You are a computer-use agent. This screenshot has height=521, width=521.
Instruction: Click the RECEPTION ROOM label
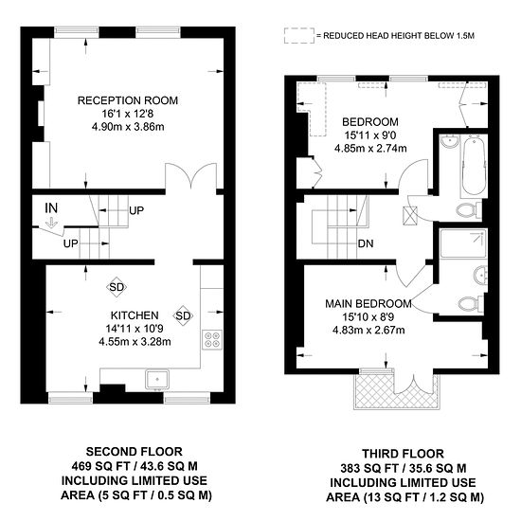click(x=128, y=100)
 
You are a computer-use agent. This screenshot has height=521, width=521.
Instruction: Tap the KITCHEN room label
click(x=135, y=315)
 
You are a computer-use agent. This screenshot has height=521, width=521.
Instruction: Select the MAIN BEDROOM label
click(x=368, y=304)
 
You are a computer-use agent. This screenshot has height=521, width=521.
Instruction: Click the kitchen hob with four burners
click(x=212, y=339)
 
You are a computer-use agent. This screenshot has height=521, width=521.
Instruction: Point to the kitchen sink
click(x=157, y=379)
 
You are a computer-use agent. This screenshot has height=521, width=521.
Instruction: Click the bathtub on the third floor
click(x=474, y=166)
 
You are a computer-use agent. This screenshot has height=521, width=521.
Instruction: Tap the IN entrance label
click(x=51, y=208)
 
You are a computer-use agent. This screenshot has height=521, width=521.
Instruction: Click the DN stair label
click(x=366, y=243)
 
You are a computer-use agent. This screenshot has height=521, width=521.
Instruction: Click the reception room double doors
click(x=191, y=176)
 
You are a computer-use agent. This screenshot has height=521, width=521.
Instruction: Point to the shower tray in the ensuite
click(x=463, y=243)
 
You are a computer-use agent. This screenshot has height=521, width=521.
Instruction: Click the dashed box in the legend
click(x=299, y=36)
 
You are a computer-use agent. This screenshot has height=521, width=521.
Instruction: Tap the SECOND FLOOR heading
click(x=135, y=452)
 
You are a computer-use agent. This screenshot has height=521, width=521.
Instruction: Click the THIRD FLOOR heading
click(x=403, y=454)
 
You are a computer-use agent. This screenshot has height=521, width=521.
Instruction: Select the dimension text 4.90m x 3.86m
click(x=128, y=127)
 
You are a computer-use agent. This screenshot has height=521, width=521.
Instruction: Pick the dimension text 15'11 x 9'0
click(x=370, y=135)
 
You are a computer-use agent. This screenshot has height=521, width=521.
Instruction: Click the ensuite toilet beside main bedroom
click(x=470, y=303)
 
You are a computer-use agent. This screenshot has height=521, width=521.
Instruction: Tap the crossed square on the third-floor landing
click(x=409, y=216)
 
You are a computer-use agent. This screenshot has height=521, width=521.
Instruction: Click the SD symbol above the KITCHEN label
click(x=117, y=287)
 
